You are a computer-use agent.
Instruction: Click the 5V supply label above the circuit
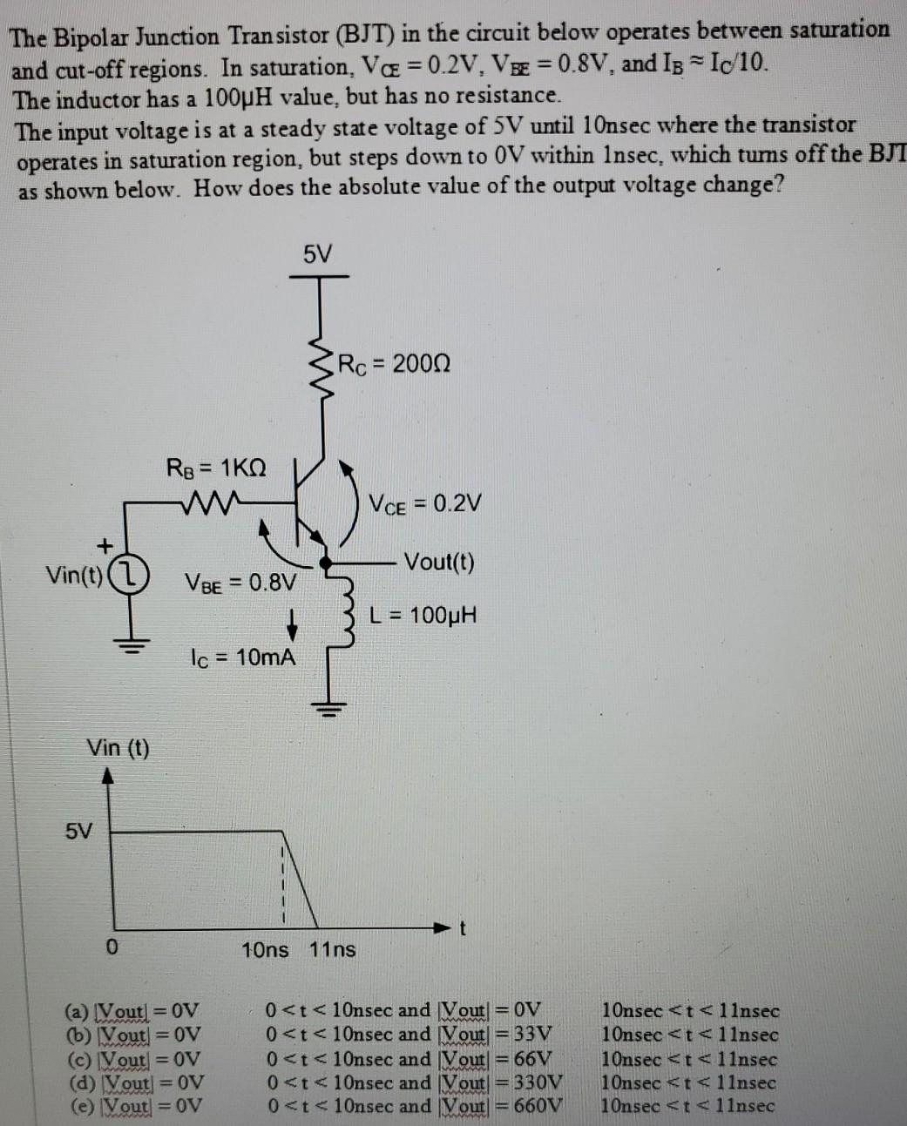(318, 254)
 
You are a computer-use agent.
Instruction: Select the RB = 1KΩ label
(216, 468)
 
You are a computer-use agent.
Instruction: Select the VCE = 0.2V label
(425, 504)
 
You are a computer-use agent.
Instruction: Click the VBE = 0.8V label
(240, 581)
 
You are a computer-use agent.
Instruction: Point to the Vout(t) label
(440, 562)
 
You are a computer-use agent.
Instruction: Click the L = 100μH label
(423, 616)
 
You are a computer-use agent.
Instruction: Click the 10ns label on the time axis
(265, 949)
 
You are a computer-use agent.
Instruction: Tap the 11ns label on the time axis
(333, 949)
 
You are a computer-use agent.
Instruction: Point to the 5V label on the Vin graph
(78, 831)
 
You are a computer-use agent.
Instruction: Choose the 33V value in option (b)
(534, 1035)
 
